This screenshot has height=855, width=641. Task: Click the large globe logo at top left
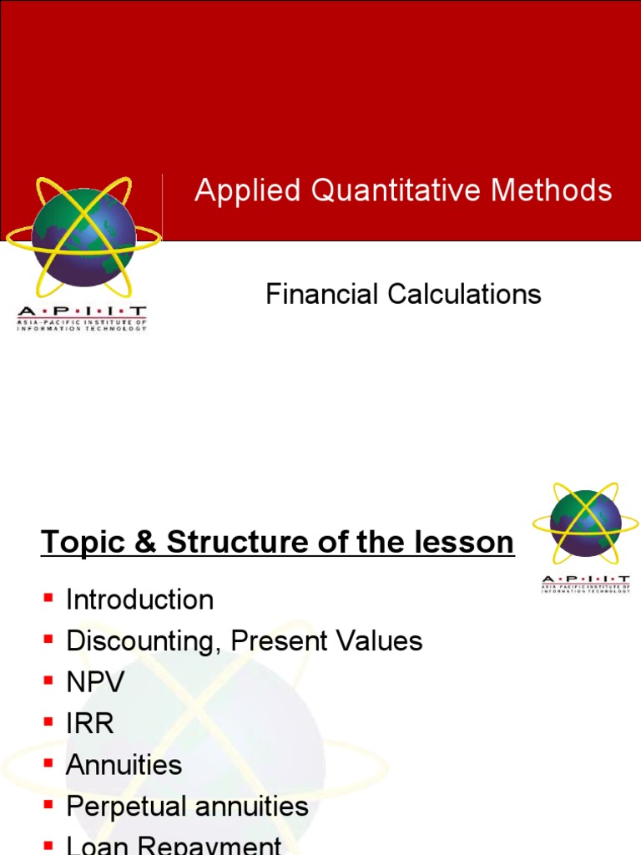click(83, 237)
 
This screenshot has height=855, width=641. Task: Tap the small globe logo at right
click(585, 524)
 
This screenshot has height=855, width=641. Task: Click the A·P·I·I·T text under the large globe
click(82, 311)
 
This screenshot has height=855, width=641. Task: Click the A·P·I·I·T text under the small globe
click(585, 579)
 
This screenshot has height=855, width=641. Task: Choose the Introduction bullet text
click(139, 600)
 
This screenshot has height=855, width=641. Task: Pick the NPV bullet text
click(95, 682)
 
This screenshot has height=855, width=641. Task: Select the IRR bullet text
click(89, 724)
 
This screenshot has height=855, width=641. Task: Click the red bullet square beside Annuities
click(48, 762)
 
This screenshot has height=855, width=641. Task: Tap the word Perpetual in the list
click(122, 807)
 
